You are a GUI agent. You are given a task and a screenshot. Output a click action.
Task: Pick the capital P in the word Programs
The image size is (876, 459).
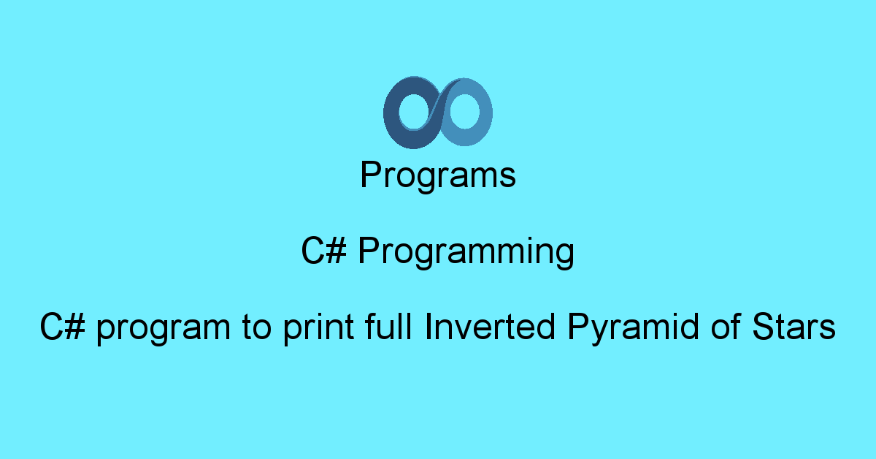click(x=369, y=176)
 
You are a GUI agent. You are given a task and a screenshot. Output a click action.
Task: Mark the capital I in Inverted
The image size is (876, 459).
click(x=429, y=328)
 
